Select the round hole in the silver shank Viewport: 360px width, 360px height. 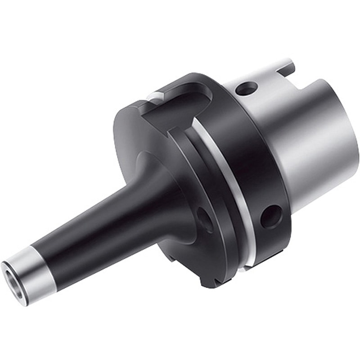pos(246,88)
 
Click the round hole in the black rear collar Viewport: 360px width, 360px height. pos(271,216)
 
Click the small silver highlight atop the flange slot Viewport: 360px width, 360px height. pos(155,95)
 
